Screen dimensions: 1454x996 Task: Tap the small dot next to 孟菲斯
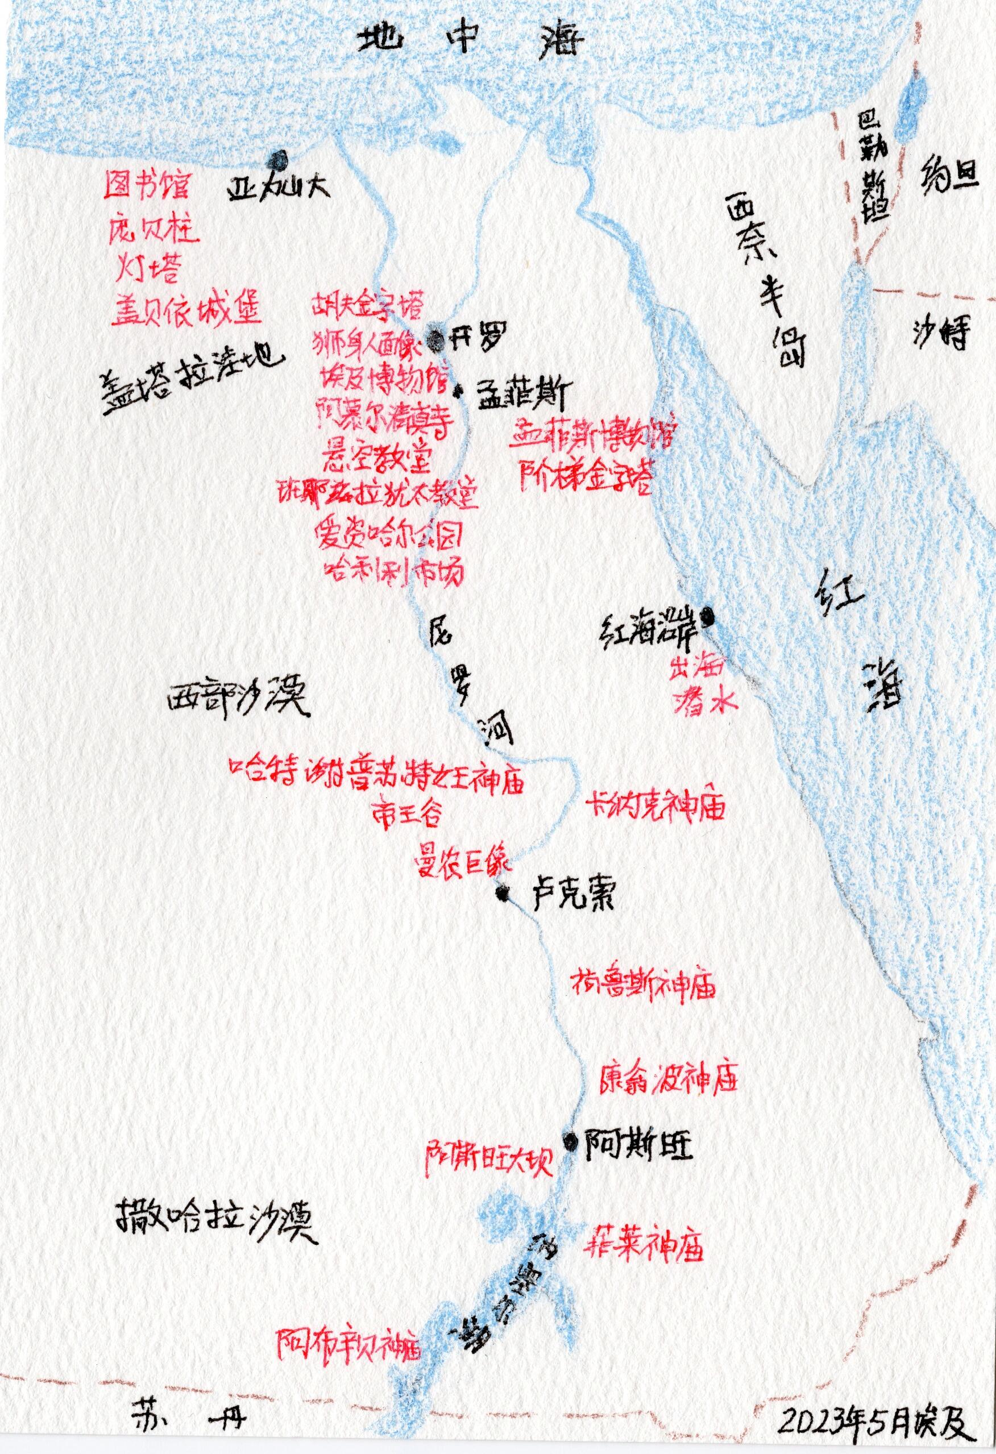460,392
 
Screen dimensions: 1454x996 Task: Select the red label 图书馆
147,186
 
